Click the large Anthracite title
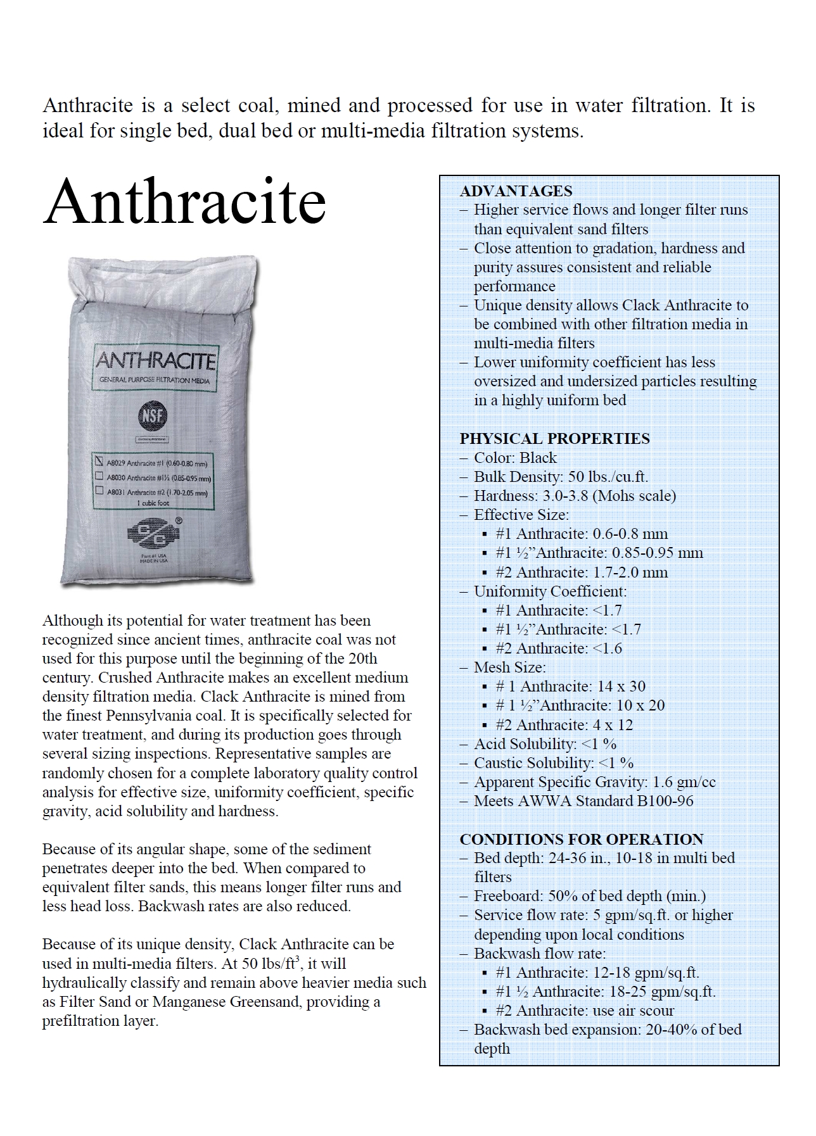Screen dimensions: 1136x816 [x=184, y=203]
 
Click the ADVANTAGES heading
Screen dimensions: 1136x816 [x=516, y=191]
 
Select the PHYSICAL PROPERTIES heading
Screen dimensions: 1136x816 [x=554, y=439]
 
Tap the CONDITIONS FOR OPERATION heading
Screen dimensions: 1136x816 [x=581, y=839]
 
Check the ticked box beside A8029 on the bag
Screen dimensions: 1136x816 [x=99, y=462]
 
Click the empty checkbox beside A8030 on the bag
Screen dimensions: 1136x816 [x=99, y=476]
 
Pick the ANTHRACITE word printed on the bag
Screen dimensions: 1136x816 [x=155, y=362]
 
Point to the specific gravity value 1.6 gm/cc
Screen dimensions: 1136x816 [x=684, y=782]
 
